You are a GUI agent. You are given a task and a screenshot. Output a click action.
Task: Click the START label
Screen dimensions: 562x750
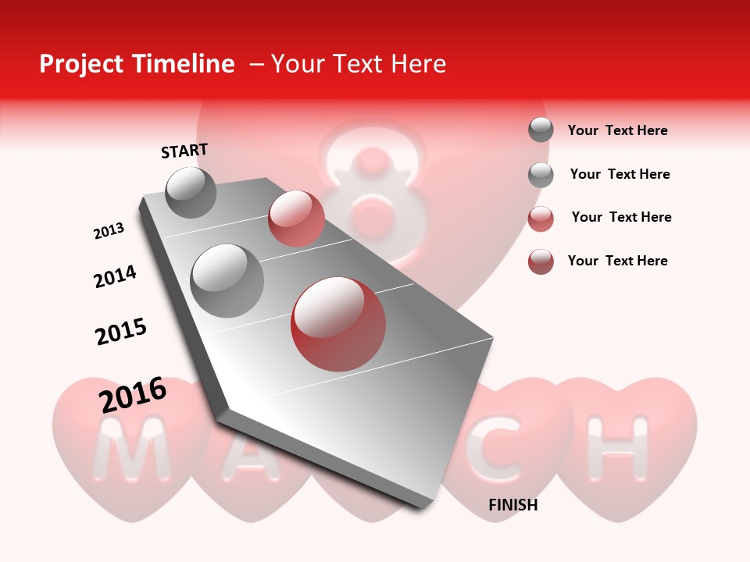pos(184,150)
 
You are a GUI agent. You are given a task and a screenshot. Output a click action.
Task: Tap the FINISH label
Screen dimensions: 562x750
pos(512,505)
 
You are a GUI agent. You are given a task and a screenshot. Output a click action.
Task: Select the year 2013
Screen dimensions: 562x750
pos(109,231)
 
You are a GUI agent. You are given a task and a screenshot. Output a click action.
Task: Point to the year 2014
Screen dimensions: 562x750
pos(115,276)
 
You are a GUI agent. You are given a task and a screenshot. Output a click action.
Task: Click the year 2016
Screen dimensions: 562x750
pos(133,395)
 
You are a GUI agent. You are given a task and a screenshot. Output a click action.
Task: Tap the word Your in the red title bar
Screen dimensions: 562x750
pos(295,64)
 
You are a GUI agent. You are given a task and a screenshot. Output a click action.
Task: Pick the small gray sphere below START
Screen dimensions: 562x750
pos(191,192)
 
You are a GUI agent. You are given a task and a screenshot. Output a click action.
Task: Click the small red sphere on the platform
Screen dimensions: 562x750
pos(296,219)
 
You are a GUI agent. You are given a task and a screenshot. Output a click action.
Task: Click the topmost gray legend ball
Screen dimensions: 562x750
pos(541,130)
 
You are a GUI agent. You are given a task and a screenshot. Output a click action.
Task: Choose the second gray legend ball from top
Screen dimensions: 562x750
pos(541,174)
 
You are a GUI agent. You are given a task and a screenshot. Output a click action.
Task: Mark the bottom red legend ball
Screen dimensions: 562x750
pos(541,261)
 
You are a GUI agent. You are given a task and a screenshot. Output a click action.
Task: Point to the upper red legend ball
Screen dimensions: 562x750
pos(541,219)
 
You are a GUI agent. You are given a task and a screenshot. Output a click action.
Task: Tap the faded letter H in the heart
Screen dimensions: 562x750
pos(617,449)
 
